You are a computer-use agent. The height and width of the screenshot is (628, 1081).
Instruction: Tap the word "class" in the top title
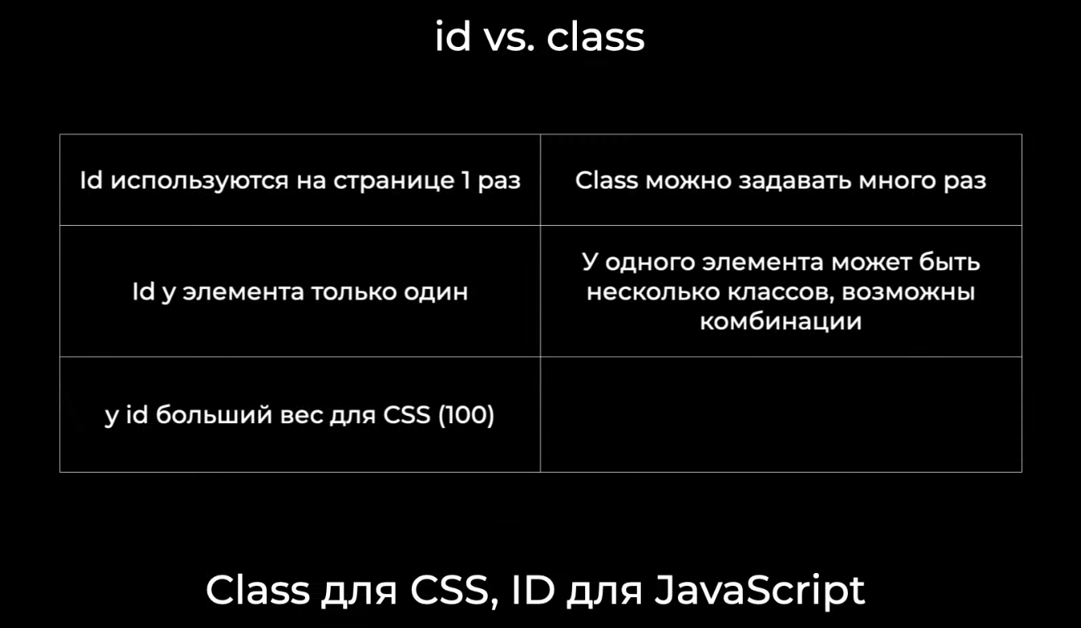tap(596, 36)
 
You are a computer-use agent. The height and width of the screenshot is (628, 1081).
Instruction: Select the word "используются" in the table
tap(199, 181)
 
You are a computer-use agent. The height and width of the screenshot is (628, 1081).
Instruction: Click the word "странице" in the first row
tap(393, 181)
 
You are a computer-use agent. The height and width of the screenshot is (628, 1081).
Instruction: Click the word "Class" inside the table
tap(607, 180)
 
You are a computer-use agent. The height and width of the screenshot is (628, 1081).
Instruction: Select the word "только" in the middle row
tap(354, 292)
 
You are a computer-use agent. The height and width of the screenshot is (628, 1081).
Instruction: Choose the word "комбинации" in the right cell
tap(781, 322)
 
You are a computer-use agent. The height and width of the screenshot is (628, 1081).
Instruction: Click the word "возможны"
tap(908, 292)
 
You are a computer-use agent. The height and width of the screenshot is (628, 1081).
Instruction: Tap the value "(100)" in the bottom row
tap(466, 414)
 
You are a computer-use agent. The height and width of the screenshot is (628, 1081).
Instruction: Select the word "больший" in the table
tap(214, 415)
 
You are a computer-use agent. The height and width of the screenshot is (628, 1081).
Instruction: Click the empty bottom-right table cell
tap(781, 414)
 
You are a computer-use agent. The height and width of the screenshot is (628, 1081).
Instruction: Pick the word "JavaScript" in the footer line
tap(760, 590)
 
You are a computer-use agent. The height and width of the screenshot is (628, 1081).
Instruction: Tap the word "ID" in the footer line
tap(532, 590)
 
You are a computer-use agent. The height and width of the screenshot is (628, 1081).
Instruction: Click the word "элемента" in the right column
tap(762, 263)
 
